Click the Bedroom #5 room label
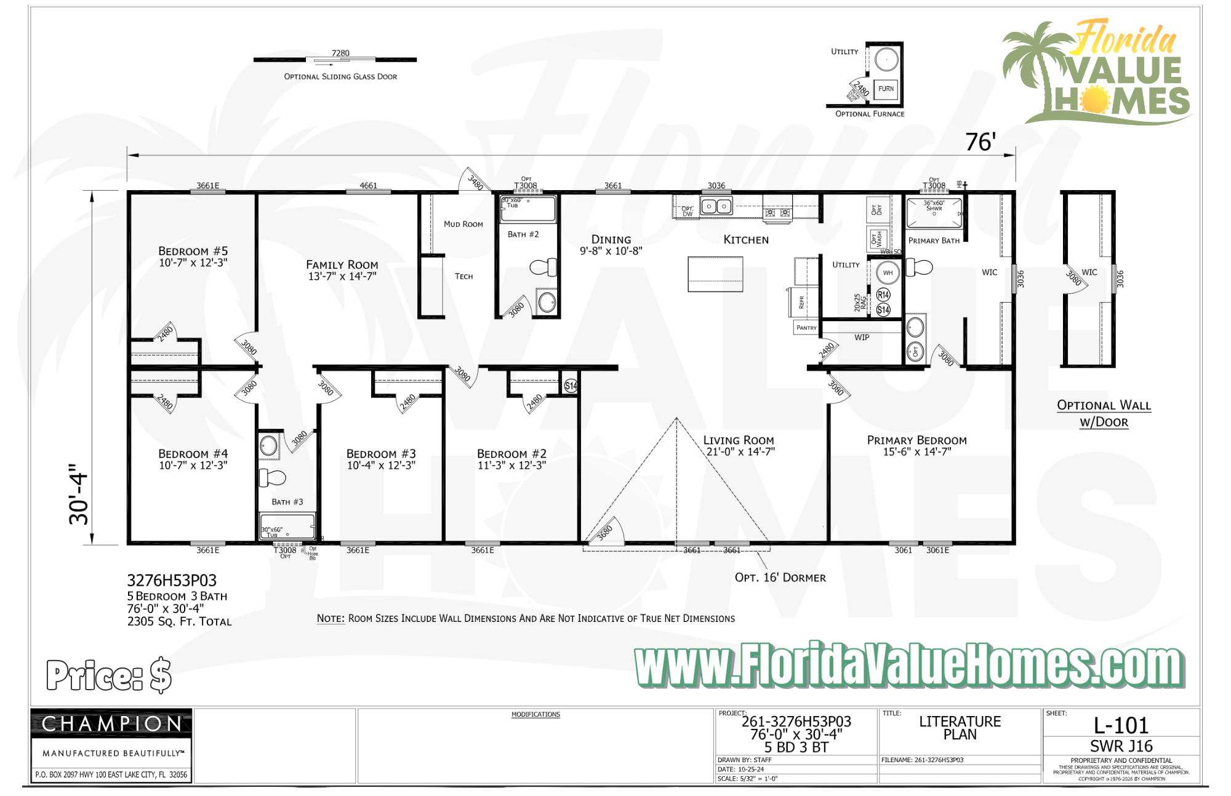point(193,251)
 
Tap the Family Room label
point(342,265)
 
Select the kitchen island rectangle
point(715,274)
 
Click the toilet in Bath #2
point(543,268)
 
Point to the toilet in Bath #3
point(273,477)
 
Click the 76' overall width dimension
point(980,142)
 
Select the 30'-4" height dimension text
point(79,494)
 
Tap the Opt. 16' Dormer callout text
point(780,578)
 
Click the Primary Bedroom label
point(916,440)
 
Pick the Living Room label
point(739,440)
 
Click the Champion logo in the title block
point(111,724)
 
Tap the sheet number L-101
point(1121,726)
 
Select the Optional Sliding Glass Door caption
point(340,77)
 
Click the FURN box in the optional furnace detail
point(886,89)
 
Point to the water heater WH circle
point(888,273)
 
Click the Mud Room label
point(463,225)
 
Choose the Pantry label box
point(806,328)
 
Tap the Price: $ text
point(109,675)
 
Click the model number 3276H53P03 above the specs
point(172,581)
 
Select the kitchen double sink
point(716,207)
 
